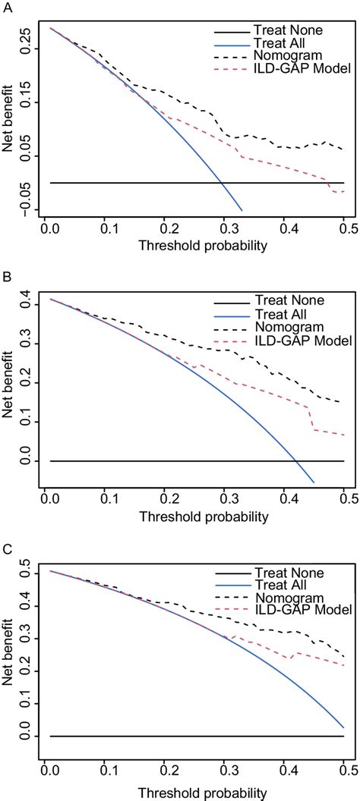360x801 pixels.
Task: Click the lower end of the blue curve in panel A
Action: tap(242, 210)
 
